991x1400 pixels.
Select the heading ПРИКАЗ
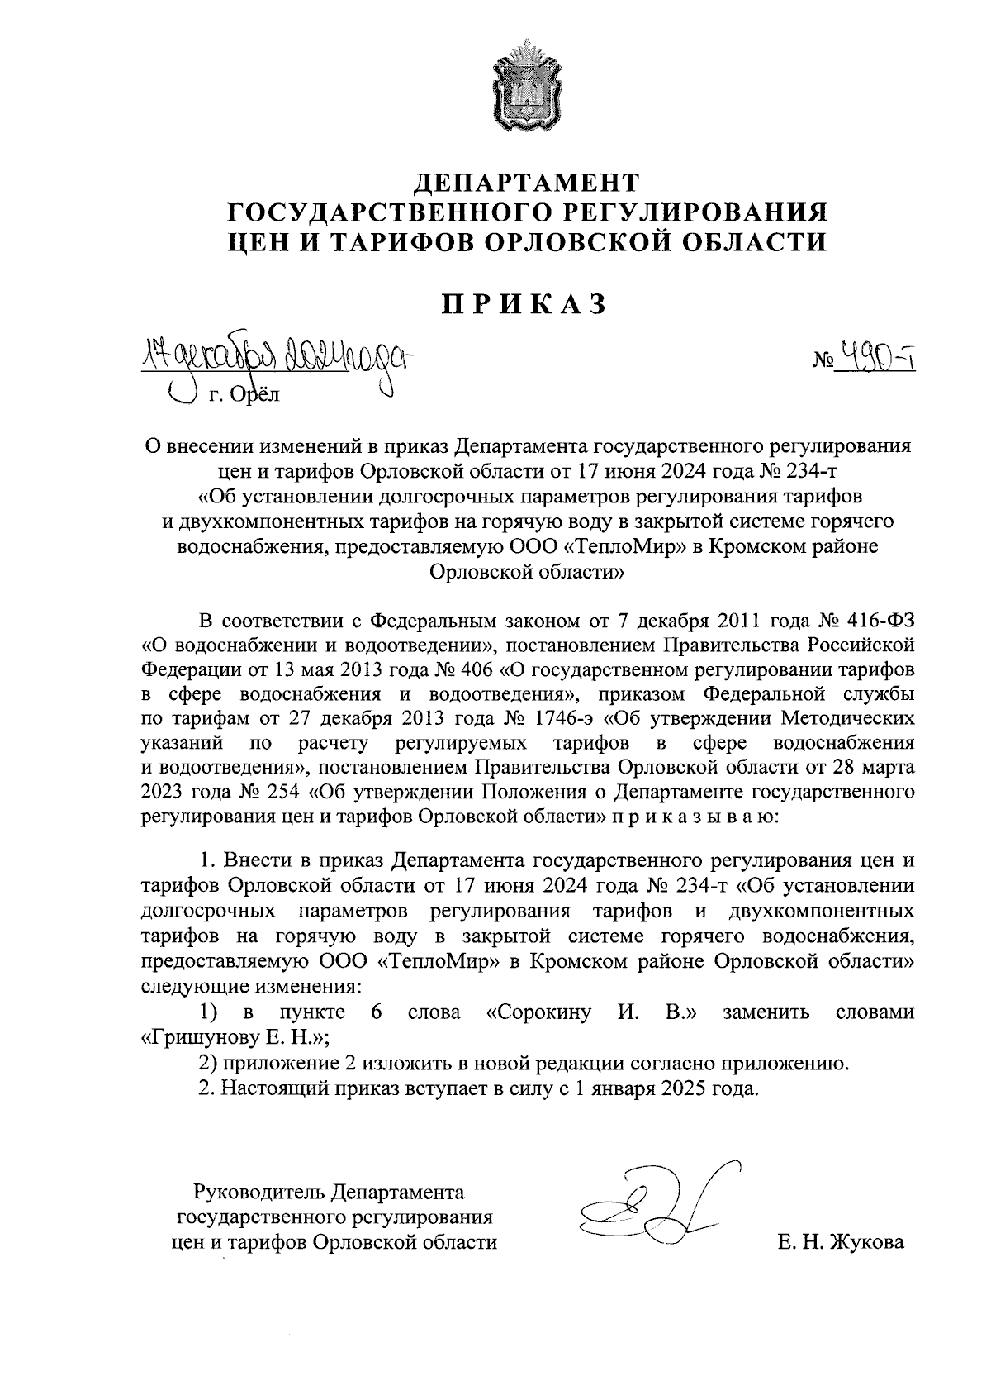click(527, 304)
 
